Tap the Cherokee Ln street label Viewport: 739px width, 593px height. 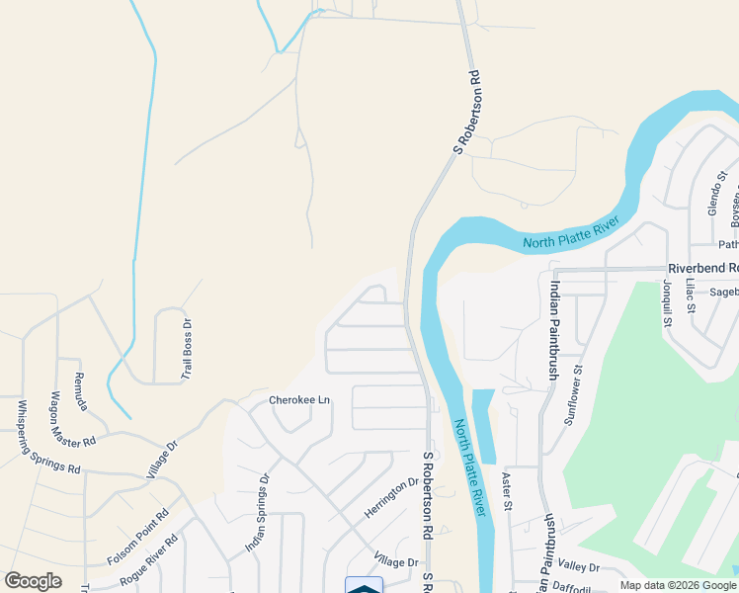click(x=299, y=400)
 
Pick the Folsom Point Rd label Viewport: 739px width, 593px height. click(x=137, y=538)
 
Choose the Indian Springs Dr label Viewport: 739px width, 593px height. click(x=257, y=513)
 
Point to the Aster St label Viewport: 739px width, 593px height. click(x=507, y=492)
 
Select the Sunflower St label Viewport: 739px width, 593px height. click(x=574, y=394)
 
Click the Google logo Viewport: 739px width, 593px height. click(x=33, y=581)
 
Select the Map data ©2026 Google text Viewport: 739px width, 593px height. click(x=678, y=585)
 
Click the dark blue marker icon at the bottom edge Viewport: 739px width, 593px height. click(x=364, y=586)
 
